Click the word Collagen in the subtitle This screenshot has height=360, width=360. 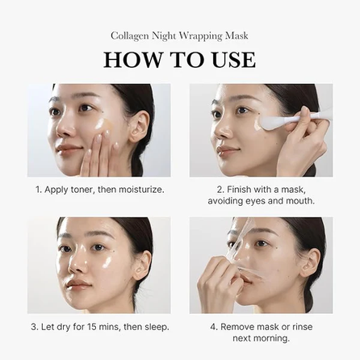point(132,36)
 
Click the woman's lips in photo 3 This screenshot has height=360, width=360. point(77,283)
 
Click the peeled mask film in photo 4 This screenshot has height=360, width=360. point(238,242)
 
